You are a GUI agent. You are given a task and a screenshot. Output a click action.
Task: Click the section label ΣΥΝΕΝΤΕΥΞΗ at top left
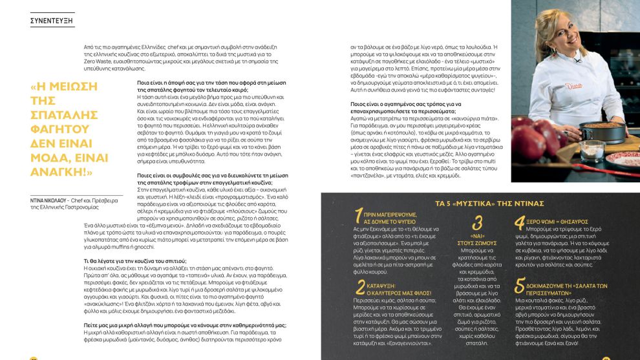[x=52, y=21]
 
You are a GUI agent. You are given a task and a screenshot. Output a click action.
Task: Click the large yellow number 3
[x=477, y=224]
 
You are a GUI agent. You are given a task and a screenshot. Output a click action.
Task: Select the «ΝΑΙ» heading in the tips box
[x=478, y=236]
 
